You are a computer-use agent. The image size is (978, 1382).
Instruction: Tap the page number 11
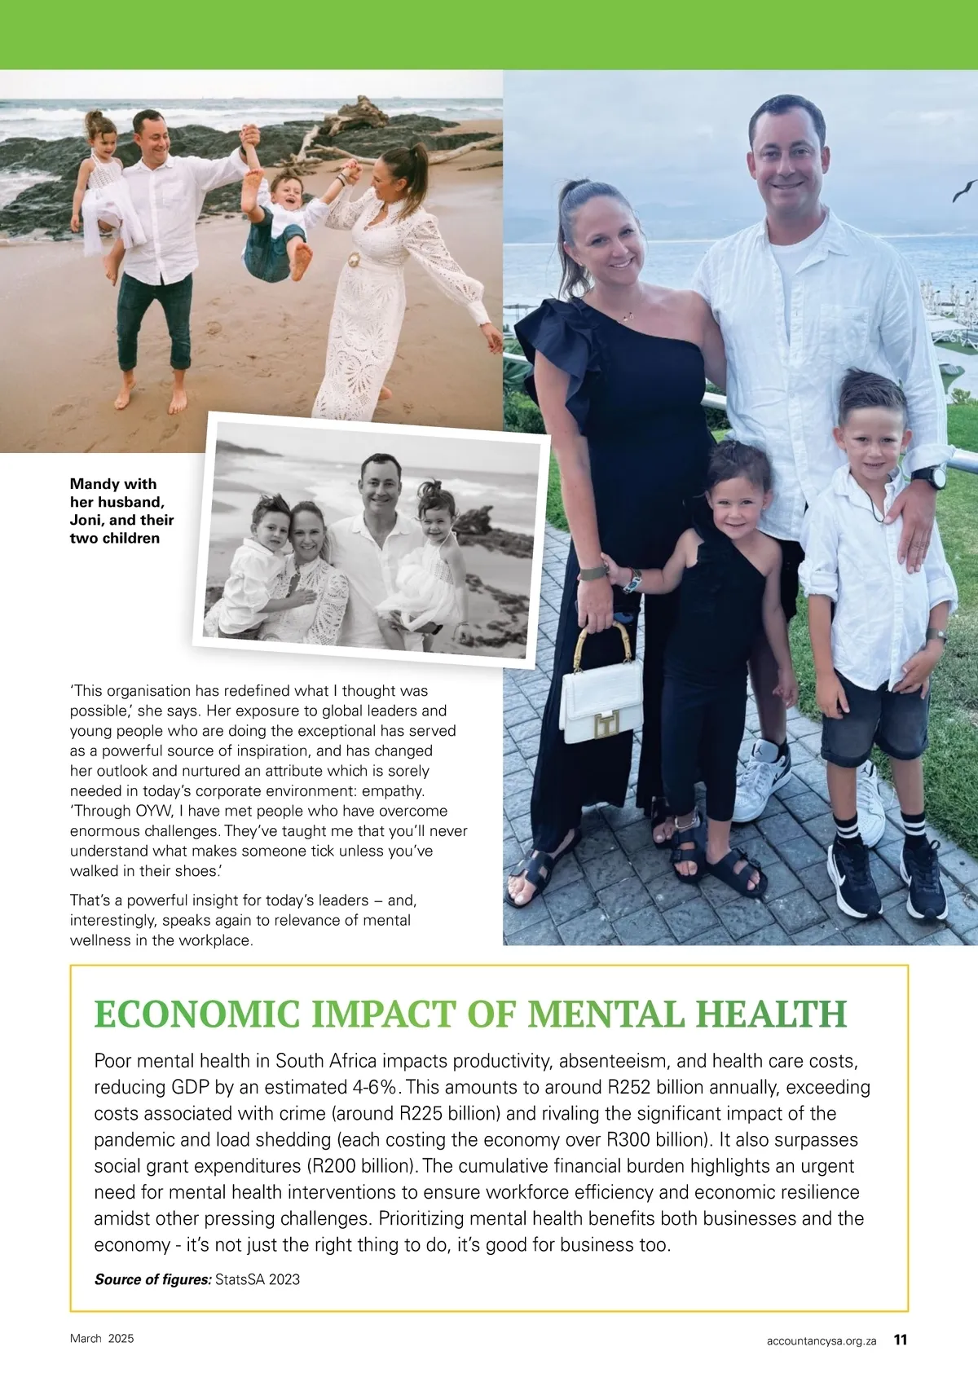coord(901,1340)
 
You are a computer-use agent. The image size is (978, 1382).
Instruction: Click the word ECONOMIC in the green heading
coord(197,1015)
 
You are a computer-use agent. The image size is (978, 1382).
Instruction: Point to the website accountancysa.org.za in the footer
coord(822,1340)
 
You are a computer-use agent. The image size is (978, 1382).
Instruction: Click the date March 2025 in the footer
coord(102,1339)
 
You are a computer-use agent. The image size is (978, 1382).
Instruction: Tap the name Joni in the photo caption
coord(87,520)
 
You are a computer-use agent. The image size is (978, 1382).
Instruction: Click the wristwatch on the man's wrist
coord(927,476)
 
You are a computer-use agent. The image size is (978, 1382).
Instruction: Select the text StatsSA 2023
coord(258,1279)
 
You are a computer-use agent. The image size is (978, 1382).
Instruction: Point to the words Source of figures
coord(152,1279)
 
